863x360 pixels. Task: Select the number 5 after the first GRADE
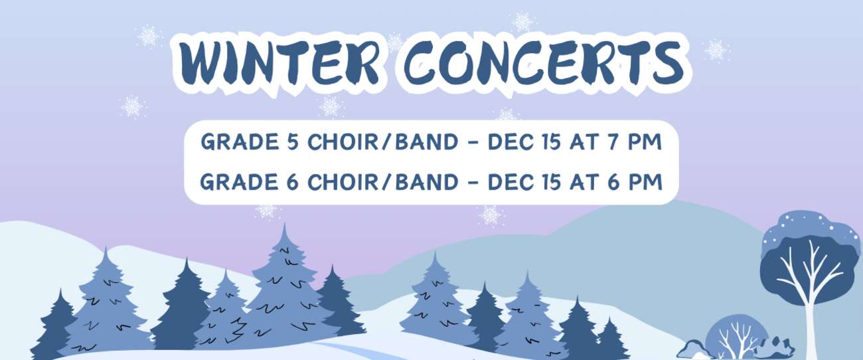coord(293,142)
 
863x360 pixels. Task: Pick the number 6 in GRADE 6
coord(293,182)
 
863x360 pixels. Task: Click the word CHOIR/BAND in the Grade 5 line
coord(383,142)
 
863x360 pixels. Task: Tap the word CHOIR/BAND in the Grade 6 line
coord(383,182)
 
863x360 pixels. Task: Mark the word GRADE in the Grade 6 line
coord(239,182)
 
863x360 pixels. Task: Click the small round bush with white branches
coord(737,337)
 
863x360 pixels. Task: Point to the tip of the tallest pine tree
coord(285,223)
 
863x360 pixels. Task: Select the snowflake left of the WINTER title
coord(148,37)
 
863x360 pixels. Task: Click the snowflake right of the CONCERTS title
coord(716,50)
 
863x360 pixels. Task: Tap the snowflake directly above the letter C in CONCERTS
coord(522,21)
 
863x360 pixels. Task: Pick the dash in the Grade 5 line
coord(473,143)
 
